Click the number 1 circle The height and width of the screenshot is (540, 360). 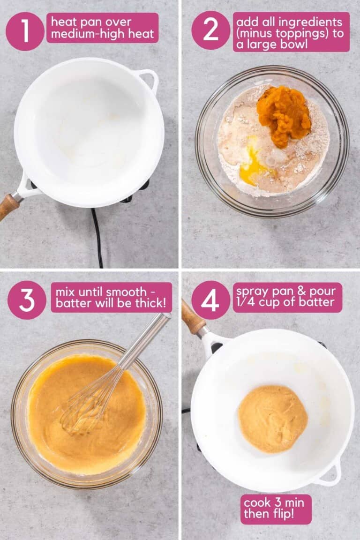(25, 31)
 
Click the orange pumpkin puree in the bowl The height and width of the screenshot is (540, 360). (284, 115)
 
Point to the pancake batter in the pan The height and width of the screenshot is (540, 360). (272, 419)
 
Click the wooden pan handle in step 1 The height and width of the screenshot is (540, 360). (8, 206)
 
